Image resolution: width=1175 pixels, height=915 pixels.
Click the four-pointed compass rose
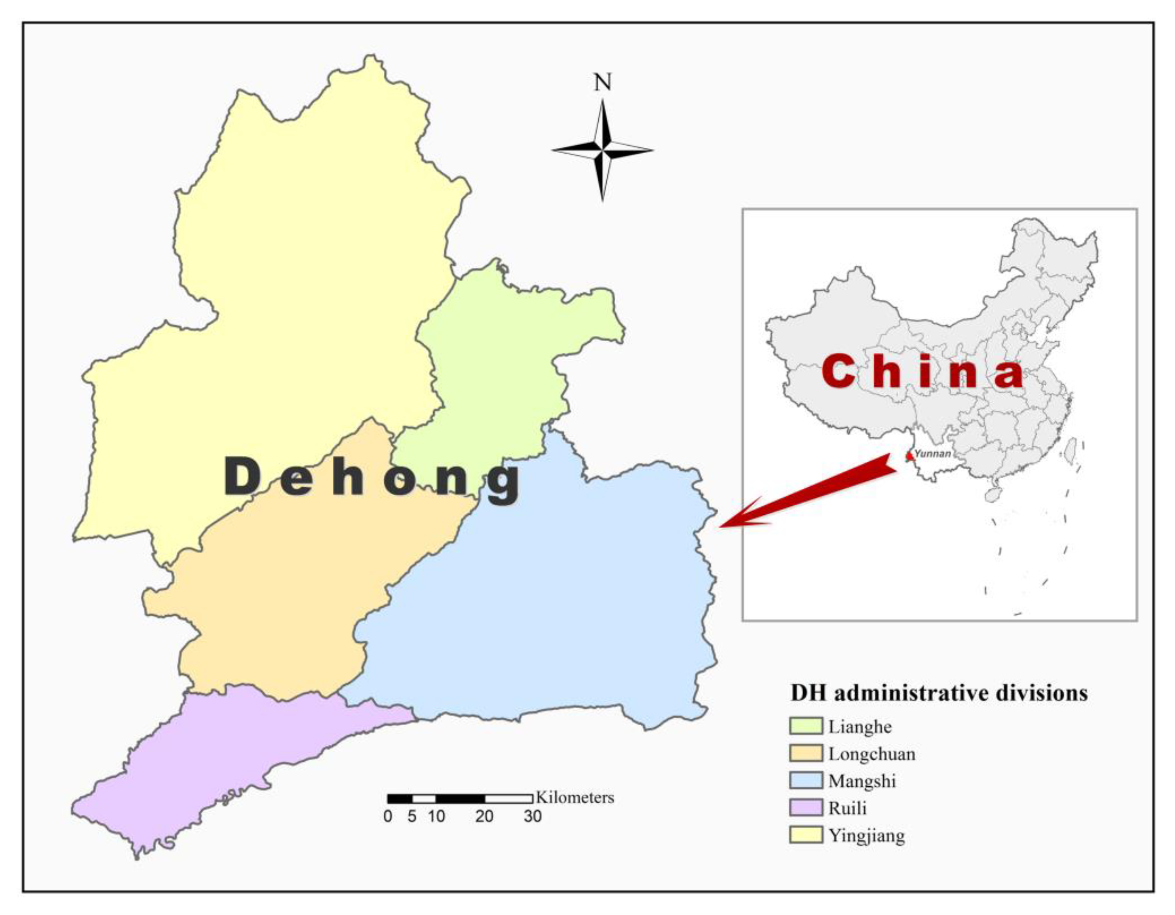pos(602,150)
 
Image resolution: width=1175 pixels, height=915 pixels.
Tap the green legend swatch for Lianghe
pos(806,726)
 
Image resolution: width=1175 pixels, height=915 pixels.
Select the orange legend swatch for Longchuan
pos(806,754)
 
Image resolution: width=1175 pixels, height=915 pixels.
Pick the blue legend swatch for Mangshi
pos(806,780)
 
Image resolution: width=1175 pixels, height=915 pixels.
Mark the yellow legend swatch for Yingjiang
pos(806,835)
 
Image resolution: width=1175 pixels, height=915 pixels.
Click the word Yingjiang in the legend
pos(866,836)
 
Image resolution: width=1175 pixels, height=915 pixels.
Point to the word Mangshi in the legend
pos(862,781)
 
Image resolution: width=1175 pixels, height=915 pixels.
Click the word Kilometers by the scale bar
pos(575,797)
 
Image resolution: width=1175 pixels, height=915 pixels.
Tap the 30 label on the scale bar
pos(533,817)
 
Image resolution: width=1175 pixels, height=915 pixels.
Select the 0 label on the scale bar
pos(388,817)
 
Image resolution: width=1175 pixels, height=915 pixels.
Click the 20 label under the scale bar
pos(484,817)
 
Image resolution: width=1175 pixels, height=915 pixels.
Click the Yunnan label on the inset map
pos(932,454)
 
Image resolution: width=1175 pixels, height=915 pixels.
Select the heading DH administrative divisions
pos(939,693)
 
